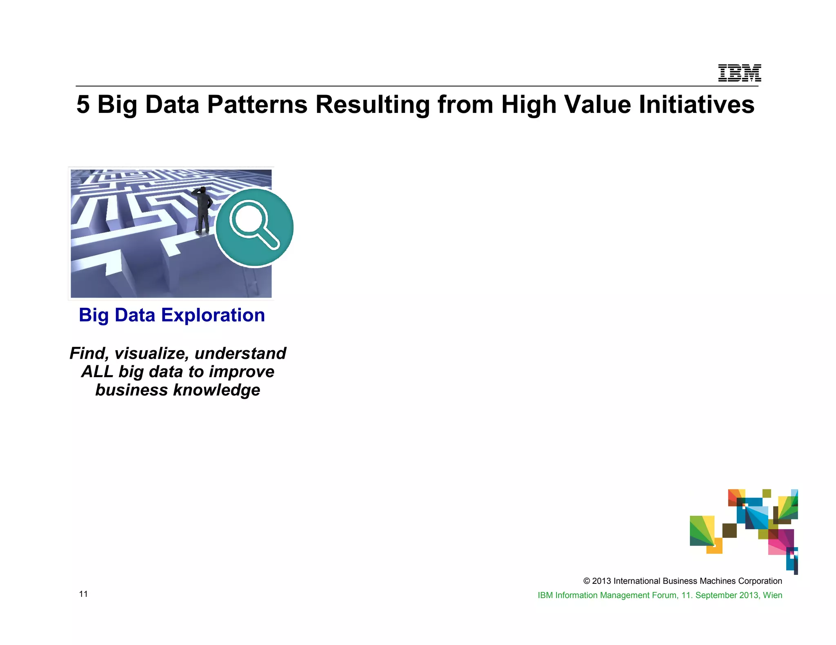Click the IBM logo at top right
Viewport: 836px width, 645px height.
click(739, 73)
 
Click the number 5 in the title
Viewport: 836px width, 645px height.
click(83, 104)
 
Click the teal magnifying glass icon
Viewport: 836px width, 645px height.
click(254, 227)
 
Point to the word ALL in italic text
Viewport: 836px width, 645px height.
click(97, 372)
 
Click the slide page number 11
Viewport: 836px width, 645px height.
click(83, 594)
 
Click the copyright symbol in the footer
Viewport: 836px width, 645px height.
click(587, 581)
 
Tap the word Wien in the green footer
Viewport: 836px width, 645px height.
click(772, 595)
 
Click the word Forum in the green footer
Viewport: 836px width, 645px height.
click(664, 595)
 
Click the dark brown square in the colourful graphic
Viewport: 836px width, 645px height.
click(729, 530)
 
